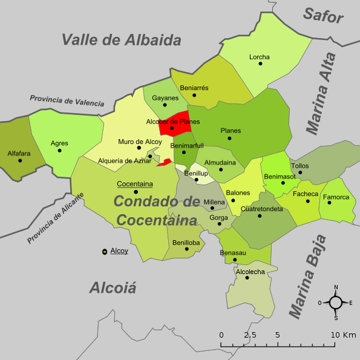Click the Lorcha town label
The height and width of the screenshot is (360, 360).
pos(259,57)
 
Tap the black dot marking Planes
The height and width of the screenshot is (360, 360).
pos(230,139)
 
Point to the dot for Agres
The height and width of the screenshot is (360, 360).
pos(59,151)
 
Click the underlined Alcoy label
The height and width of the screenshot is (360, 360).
pos(119,250)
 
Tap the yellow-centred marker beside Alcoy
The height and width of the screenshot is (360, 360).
pos(105,251)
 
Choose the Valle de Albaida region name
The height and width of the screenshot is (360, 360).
pos(122,40)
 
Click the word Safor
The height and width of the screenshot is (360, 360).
pos(323,15)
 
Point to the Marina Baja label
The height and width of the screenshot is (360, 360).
pos(307,275)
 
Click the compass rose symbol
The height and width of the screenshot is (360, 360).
pos(336,302)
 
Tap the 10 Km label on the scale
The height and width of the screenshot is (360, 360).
pos(343,335)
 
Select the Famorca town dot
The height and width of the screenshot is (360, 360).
pos(330,203)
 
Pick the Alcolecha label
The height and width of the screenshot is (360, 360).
pos(250,272)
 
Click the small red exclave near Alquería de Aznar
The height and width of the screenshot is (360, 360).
pos(165,162)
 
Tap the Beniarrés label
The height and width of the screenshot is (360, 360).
pos(194,88)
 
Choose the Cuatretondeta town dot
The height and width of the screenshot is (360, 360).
pos(260,216)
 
